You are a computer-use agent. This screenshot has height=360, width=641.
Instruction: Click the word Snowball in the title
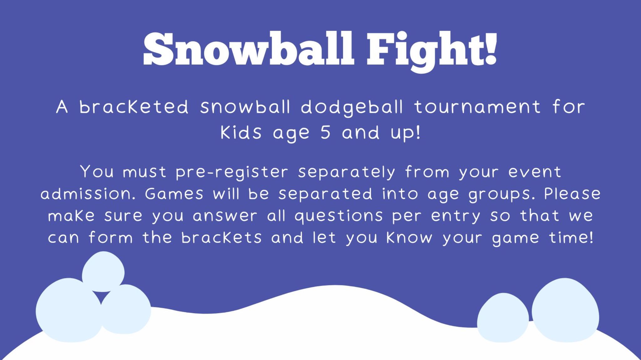tap(249, 49)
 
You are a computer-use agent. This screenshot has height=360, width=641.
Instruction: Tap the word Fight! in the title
tap(432, 49)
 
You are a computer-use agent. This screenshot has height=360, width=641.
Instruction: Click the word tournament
tap(478, 107)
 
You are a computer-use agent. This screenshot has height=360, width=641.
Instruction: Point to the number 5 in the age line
tap(326, 132)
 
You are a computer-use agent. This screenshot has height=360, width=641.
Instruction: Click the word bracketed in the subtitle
tap(134, 107)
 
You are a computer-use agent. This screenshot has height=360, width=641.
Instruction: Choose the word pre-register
tap(232, 172)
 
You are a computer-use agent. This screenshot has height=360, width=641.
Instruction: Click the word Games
tap(174, 194)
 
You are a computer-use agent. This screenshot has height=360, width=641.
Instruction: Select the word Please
tap(572, 194)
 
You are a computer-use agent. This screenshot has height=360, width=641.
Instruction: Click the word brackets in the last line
tap(221, 238)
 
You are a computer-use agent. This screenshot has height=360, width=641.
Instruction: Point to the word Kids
tap(241, 132)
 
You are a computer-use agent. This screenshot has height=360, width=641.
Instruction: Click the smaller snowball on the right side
tap(502, 317)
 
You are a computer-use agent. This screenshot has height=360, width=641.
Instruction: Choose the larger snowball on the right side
tap(565, 310)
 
